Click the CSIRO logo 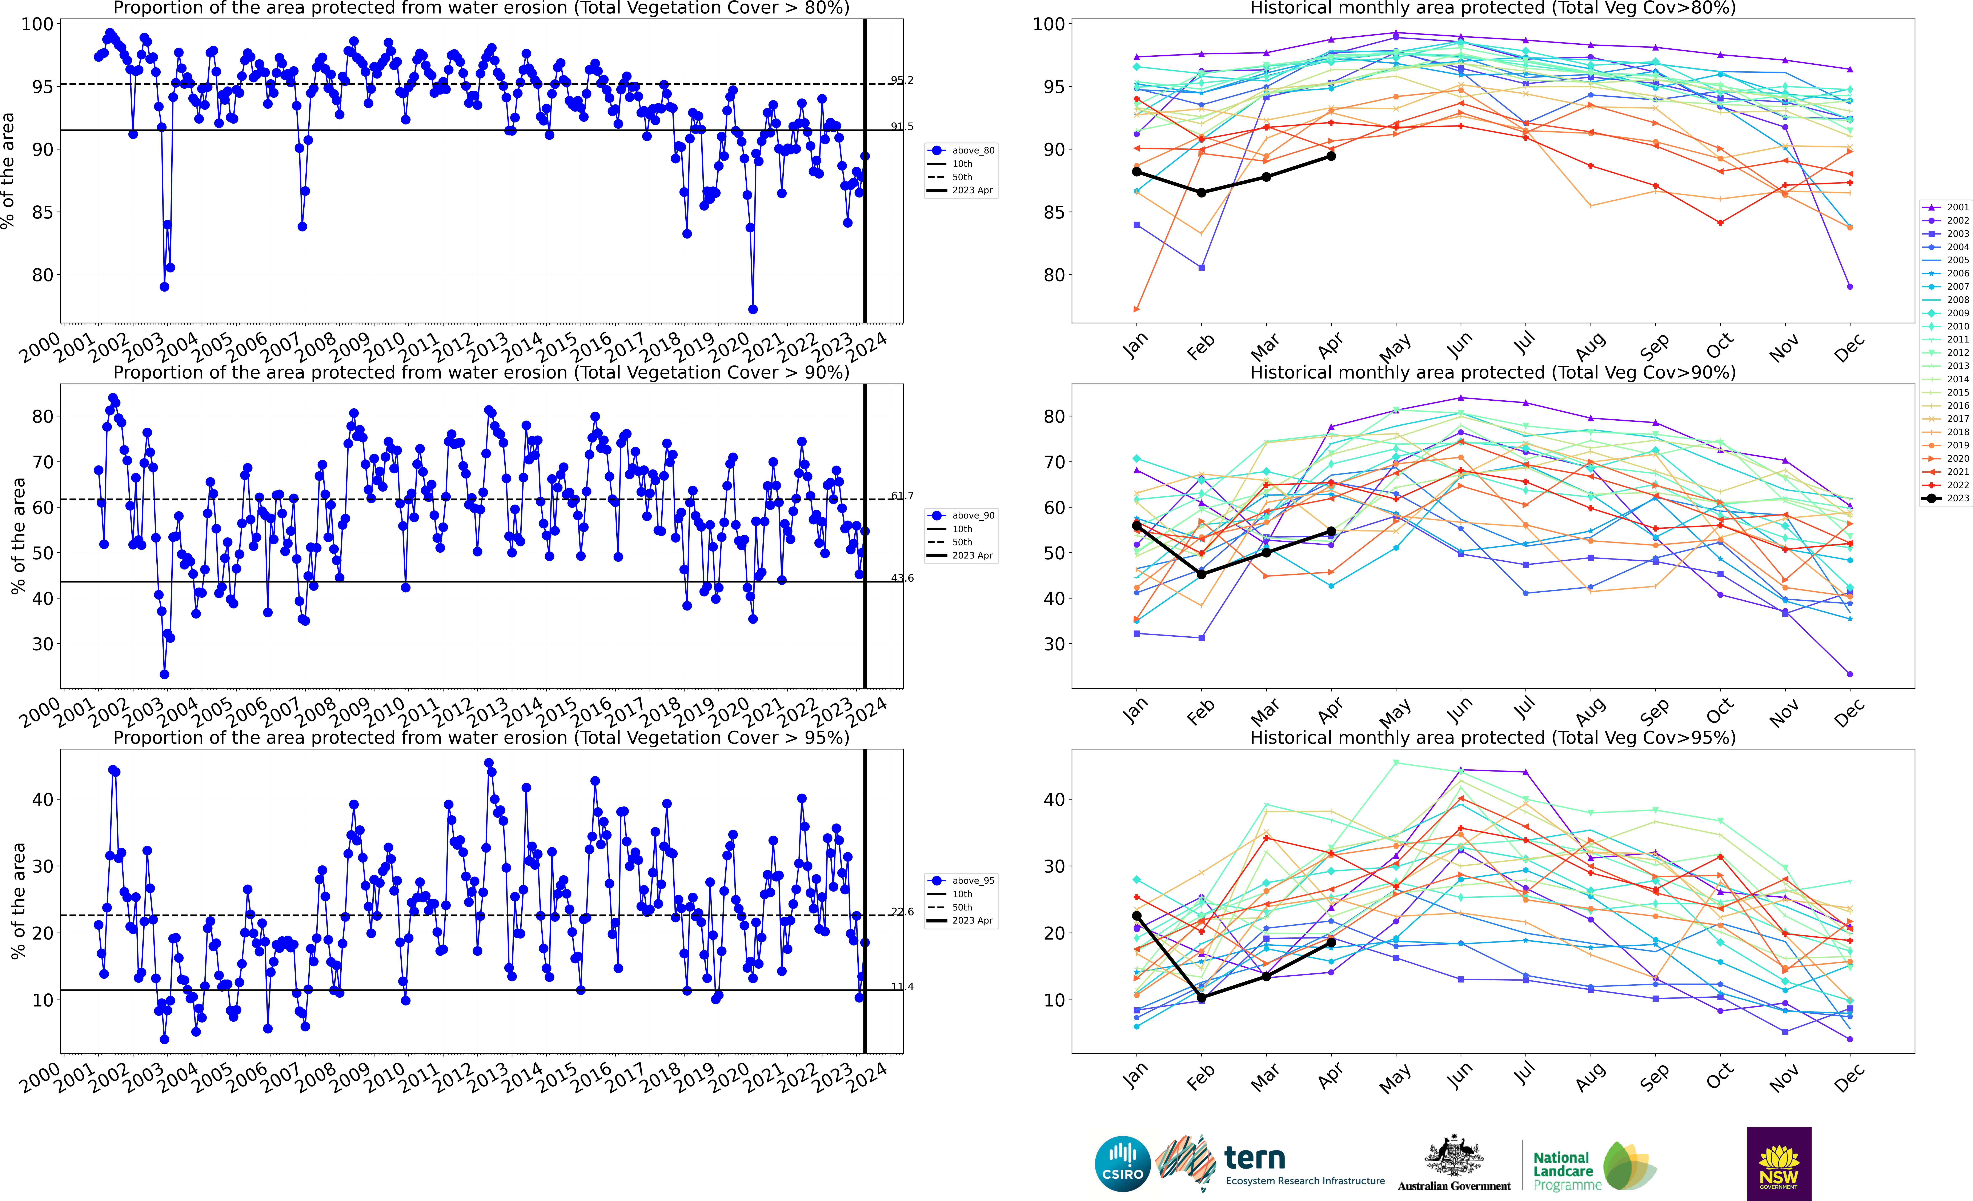click(x=1123, y=1163)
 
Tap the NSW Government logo click(x=1778, y=1163)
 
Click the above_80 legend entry click(x=961, y=151)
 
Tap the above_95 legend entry click(x=961, y=881)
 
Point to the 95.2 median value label click(x=902, y=80)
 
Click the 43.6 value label click(x=902, y=578)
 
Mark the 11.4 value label click(x=902, y=986)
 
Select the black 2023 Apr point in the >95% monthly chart click(x=1331, y=942)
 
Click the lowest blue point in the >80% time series click(x=753, y=309)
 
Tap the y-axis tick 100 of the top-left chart click(x=37, y=24)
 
